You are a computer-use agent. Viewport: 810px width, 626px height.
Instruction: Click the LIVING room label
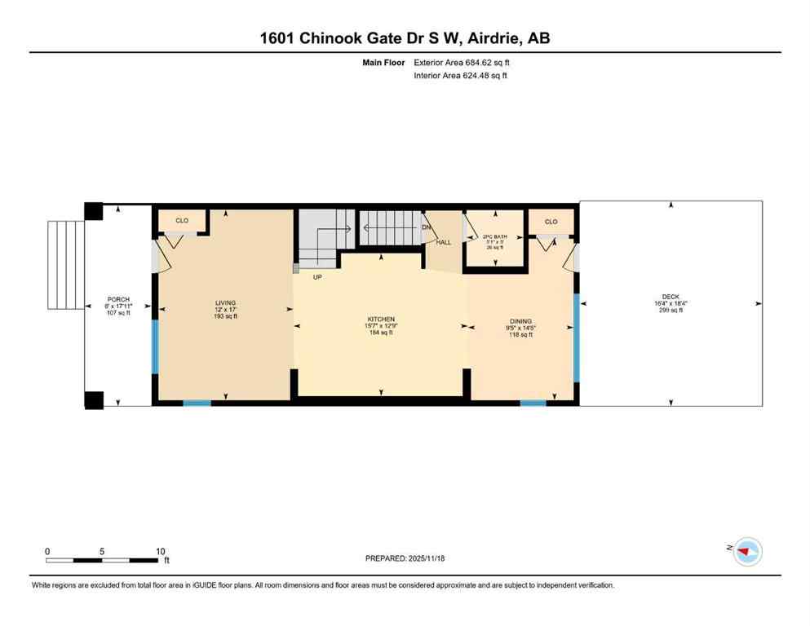tap(225, 302)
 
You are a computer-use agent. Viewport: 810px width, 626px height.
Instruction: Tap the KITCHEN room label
tap(381, 319)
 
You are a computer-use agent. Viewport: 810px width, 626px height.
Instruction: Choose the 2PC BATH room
tap(494, 239)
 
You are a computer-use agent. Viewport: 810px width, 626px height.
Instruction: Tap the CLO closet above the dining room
tap(551, 222)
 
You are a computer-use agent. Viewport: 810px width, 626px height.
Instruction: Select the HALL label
tap(443, 242)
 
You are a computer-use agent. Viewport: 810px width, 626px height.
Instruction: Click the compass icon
tap(746, 552)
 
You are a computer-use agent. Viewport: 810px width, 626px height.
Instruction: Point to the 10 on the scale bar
tap(160, 551)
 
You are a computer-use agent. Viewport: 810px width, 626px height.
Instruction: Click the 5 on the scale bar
tap(102, 551)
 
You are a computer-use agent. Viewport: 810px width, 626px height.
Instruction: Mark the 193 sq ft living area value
tap(225, 315)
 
